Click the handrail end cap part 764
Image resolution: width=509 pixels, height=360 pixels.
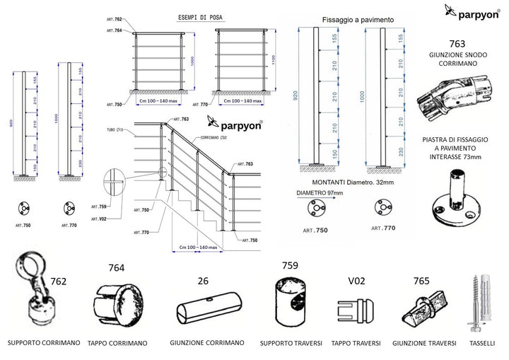tap(116, 302)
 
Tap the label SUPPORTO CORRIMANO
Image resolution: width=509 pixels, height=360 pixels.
tap(42, 343)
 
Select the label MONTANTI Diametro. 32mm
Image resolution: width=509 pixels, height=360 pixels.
tap(352, 183)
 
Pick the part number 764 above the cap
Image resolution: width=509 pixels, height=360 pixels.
tap(116, 268)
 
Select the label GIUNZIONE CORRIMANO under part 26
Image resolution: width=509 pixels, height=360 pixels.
tap(206, 343)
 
